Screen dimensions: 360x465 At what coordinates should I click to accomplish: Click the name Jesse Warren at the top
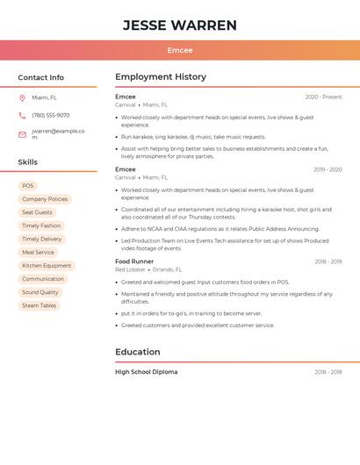pos(180,25)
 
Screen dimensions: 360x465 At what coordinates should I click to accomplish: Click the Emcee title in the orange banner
pos(180,50)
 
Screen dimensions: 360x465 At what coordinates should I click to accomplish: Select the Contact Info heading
pos(40,77)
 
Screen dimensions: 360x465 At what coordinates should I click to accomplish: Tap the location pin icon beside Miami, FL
pos(22,98)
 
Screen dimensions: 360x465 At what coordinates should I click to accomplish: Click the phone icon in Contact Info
pos(22,116)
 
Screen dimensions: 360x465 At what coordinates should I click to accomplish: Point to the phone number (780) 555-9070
pos(51,116)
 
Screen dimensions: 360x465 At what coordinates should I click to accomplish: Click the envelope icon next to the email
pos(22,134)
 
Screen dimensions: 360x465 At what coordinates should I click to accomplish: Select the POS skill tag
pos(28,186)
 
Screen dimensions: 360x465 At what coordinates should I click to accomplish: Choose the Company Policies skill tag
pos(45,199)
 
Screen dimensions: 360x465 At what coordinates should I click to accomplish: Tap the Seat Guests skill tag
pos(37,212)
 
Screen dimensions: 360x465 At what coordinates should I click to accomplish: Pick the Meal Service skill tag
pos(39,253)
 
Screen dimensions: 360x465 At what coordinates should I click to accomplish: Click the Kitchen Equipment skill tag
pos(47,266)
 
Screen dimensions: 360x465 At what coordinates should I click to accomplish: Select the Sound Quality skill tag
pos(40,292)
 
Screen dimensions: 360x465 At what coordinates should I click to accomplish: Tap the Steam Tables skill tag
pos(40,305)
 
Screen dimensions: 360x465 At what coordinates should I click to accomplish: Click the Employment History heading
pos(161,77)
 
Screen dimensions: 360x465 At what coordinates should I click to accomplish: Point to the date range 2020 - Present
pos(323,97)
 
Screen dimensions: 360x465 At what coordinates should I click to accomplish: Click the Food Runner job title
pos(134,261)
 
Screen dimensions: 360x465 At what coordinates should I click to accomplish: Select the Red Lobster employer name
pos(130,270)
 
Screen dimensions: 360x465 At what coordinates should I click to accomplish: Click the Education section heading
pos(138,352)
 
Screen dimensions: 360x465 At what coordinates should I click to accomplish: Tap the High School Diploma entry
pos(146,372)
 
